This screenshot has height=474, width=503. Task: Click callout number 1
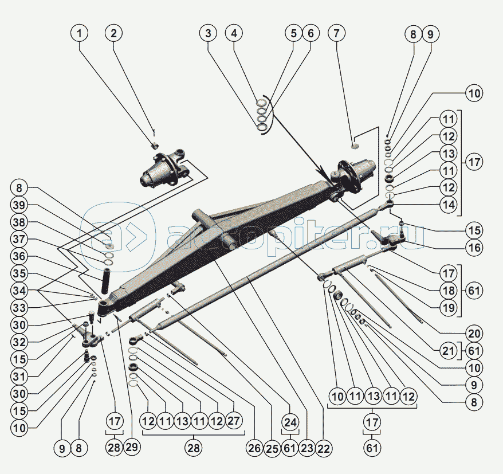(80, 33)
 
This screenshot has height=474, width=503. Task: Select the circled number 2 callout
(114, 33)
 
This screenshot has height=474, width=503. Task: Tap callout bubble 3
(209, 33)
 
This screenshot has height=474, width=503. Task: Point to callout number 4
(234, 33)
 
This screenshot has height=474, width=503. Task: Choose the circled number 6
(311, 33)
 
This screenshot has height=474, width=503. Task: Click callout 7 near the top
(336, 33)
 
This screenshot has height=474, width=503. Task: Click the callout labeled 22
(324, 449)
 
